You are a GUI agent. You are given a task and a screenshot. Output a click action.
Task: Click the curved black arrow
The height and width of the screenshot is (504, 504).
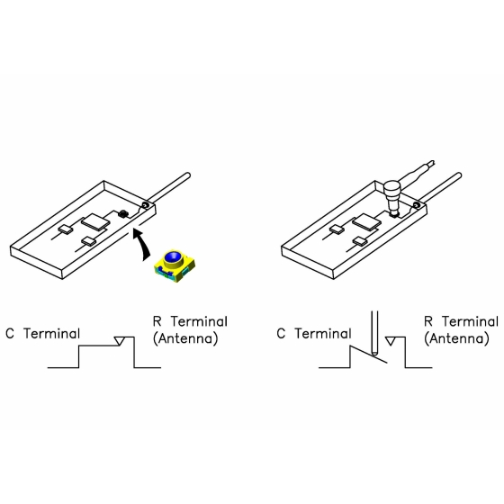pyautogui.click(x=143, y=245)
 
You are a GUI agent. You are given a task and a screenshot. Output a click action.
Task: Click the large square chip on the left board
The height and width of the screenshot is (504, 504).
pyautogui.click(x=95, y=221)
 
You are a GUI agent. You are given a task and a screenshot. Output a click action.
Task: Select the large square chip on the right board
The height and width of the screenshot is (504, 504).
pyautogui.click(x=366, y=221)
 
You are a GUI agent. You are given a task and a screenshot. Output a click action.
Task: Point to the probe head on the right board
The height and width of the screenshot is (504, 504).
pyautogui.click(x=392, y=197)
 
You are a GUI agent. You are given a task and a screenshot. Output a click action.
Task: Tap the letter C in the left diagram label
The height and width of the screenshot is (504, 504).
pyautogui.click(x=10, y=334)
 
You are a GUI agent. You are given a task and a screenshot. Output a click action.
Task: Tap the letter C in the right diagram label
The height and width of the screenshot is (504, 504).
pyautogui.click(x=281, y=334)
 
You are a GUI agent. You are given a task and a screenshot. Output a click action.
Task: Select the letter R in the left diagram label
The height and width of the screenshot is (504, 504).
pyautogui.click(x=157, y=321)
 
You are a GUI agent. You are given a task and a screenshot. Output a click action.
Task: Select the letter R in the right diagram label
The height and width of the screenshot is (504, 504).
pyautogui.click(x=428, y=321)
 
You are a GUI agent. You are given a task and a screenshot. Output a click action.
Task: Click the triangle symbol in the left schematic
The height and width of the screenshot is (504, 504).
pyautogui.click(x=119, y=341)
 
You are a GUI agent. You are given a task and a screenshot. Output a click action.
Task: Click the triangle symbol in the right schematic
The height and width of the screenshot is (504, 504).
pyautogui.click(x=391, y=341)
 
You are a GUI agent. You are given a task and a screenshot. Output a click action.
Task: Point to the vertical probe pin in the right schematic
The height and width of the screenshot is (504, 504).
pyautogui.click(x=374, y=333)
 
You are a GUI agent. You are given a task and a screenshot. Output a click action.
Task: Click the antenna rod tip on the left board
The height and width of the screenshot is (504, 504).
pyautogui.click(x=188, y=175)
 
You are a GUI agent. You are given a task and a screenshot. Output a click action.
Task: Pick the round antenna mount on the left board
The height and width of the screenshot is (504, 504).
pyautogui.click(x=145, y=205)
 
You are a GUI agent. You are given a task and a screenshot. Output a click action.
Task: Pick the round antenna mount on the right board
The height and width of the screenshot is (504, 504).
pyautogui.click(x=417, y=205)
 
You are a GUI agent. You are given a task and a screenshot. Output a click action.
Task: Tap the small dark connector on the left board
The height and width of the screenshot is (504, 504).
pyautogui.click(x=122, y=213)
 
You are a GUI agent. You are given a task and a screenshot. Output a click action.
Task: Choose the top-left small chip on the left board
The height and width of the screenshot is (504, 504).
pyautogui.click(x=66, y=229)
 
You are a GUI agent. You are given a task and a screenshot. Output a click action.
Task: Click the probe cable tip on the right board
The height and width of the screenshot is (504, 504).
pyautogui.click(x=432, y=163)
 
